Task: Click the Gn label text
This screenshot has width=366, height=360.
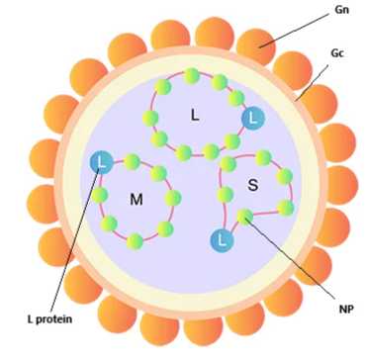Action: pyautogui.click(x=341, y=10)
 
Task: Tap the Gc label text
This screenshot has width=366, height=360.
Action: pyautogui.click(x=337, y=53)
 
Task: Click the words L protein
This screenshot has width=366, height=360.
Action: pyautogui.click(x=49, y=319)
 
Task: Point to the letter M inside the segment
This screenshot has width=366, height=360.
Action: pyautogui.click(x=137, y=200)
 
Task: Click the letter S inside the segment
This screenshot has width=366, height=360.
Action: pyautogui.click(x=252, y=186)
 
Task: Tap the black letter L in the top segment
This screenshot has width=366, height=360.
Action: pyautogui.click(x=195, y=115)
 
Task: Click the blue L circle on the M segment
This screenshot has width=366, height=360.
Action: pyautogui.click(x=102, y=161)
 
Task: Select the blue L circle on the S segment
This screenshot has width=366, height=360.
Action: pyautogui.click(x=222, y=240)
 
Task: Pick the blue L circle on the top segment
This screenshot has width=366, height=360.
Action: pyautogui.click(x=253, y=119)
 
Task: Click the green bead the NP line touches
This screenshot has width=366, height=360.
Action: pyautogui.click(x=244, y=217)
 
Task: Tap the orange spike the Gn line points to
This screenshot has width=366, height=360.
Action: pyautogui.click(x=256, y=46)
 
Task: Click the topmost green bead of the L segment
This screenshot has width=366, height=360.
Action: pyautogui.click(x=192, y=76)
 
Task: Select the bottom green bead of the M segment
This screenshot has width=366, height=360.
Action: pyautogui.click(x=136, y=241)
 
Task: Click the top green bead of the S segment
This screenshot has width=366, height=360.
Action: pyautogui.click(x=263, y=157)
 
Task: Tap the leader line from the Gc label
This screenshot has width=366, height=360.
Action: pyautogui.click(x=312, y=83)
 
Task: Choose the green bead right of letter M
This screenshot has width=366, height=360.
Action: pyautogui.click(x=173, y=198)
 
